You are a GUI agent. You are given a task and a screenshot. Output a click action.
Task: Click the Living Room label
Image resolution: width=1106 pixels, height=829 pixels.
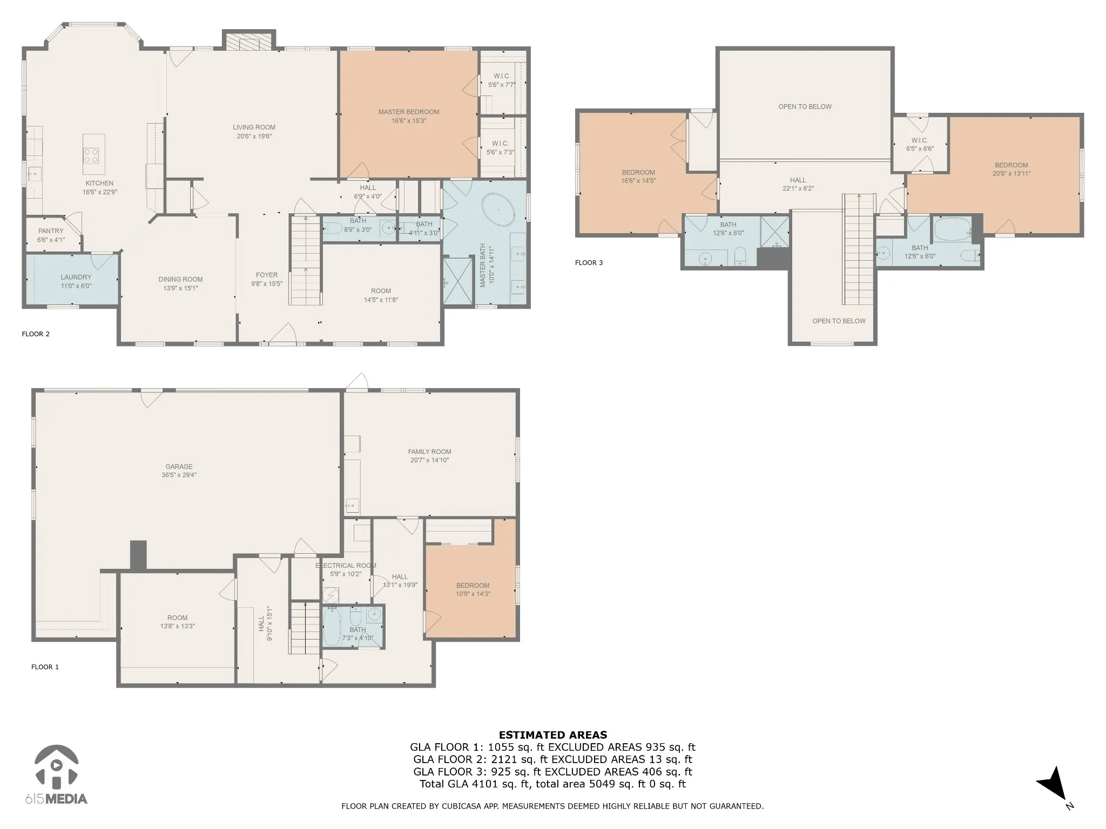(x=254, y=127)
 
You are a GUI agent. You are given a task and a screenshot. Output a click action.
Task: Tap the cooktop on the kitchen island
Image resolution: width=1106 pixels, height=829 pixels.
(x=91, y=155)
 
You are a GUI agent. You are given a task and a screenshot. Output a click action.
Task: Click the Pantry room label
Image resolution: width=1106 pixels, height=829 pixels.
(x=51, y=231)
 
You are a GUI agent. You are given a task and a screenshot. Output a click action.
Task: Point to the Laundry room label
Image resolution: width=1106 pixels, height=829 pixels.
(x=76, y=277)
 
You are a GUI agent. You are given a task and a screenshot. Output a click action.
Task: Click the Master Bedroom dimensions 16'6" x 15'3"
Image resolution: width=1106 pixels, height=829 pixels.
(x=409, y=121)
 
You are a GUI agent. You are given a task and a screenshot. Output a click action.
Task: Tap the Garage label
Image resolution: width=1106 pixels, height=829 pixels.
(x=179, y=467)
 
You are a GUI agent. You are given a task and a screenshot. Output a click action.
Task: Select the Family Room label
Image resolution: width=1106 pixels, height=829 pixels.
(x=429, y=452)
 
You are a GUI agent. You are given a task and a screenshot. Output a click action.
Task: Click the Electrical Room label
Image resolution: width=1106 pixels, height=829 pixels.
(x=346, y=566)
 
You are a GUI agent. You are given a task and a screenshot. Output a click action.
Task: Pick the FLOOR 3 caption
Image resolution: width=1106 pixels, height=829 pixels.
(x=589, y=263)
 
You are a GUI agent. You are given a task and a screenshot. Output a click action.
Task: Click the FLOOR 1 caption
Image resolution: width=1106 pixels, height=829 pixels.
(x=45, y=667)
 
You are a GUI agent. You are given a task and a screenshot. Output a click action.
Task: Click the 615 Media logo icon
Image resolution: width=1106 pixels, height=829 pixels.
(x=57, y=766)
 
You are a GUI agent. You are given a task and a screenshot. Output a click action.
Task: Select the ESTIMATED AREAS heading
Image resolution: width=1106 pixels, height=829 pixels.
(x=553, y=735)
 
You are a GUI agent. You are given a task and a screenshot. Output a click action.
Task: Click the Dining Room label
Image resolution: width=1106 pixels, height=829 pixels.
(x=180, y=280)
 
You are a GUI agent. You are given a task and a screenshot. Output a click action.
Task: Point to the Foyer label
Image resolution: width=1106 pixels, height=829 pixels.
(x=267, y=275)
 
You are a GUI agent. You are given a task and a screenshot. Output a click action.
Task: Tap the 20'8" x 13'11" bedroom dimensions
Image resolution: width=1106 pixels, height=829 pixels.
(x=1011, y=174)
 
